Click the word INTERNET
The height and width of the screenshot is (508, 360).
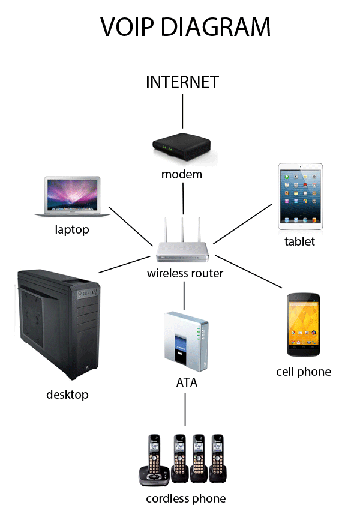(x=182, y=82)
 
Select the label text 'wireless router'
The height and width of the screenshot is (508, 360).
(x=185, y=274)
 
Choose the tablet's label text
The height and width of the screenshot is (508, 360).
(x=299, y=241)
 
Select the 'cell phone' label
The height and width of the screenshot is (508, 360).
(x=304, y=372)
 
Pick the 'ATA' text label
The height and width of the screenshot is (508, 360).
(x=186, y=382)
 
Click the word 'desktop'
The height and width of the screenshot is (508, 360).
(x=67, y=395)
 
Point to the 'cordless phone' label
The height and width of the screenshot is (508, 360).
(x=186, y=498)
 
